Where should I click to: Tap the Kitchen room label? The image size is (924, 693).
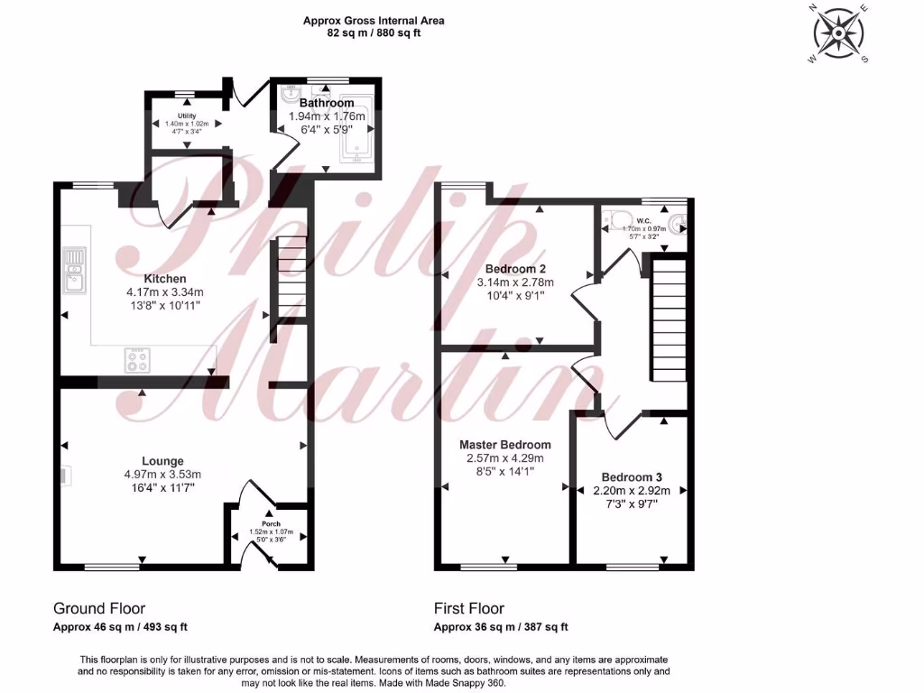[165, 279]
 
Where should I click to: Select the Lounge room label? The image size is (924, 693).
[162, 461]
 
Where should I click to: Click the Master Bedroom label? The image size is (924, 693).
[505, 445]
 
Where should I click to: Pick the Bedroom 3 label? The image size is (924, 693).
[632, 477]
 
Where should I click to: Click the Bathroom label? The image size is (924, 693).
[327, 104]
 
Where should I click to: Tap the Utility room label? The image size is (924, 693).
[187, 116]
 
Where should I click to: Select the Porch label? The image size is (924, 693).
[271, 523]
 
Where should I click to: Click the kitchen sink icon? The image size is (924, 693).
[75, 271]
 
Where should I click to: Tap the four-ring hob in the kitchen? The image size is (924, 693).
[137, 360]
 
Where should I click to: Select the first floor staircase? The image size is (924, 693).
[668, 320]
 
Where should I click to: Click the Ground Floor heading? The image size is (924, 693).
[99, 608]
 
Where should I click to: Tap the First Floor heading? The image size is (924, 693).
[469, 608]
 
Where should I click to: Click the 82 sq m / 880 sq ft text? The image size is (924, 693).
[374, 32]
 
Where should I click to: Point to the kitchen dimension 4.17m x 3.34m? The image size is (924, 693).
[165, 292]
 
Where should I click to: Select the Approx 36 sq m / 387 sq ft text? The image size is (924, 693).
[501, 627]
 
